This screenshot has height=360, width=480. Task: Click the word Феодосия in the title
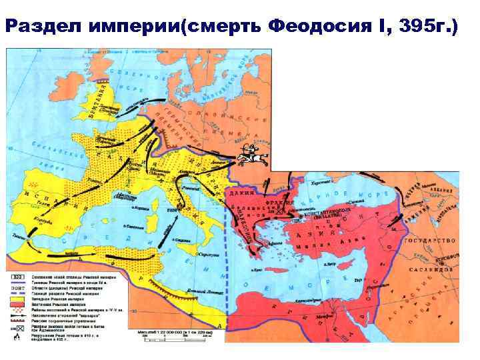coord(312,28)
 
